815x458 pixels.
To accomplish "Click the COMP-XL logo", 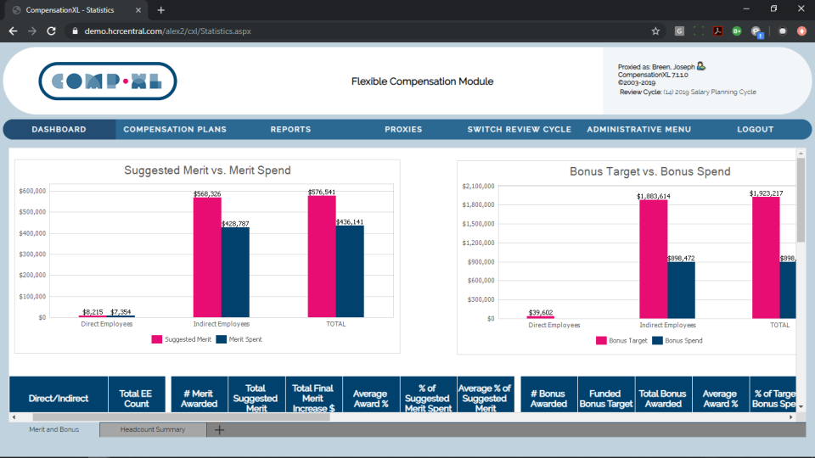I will (x=107, y=81).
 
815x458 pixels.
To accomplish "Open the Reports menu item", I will (x=290, y=130).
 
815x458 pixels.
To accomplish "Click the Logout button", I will (x=755, y=130).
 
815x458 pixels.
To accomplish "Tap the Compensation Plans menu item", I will (x=175, y=130).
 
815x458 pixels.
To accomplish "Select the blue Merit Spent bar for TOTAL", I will (x=350, y=271).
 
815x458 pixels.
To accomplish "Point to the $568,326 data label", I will (x=207, y=194).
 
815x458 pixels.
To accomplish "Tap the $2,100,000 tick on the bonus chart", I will (x=477, y=186).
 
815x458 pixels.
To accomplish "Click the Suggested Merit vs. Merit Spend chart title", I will (x=207, y=170).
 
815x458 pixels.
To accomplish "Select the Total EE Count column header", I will (x=136, y=399).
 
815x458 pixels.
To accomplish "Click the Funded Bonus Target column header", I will (x=605, y=399).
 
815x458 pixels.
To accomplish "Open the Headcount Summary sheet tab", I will (x=153, y=430).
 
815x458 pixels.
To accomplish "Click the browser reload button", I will (x=51, y=31).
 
